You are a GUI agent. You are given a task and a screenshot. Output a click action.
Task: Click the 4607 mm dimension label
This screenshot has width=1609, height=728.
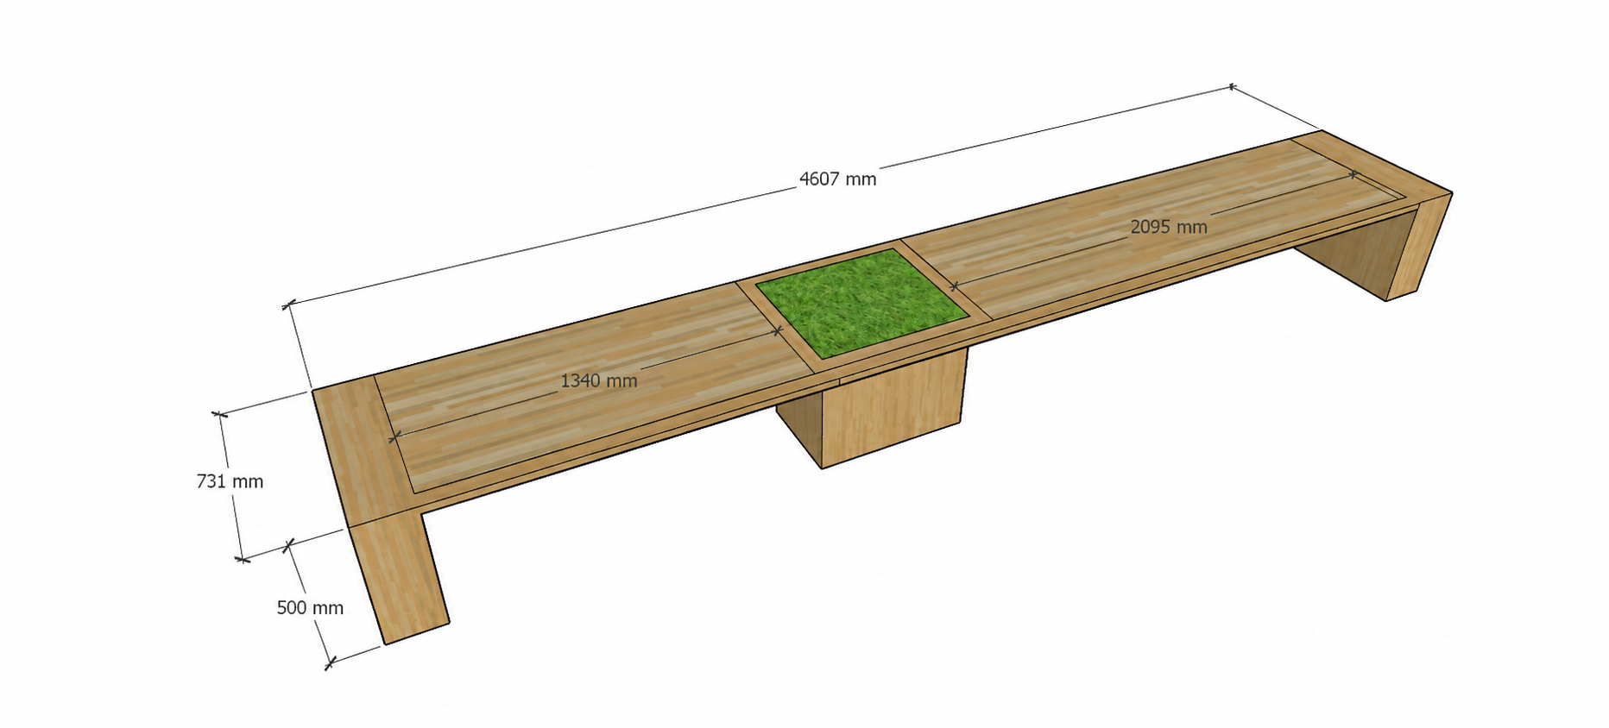point(837,179)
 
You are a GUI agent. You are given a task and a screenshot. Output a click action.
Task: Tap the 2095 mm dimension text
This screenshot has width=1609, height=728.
point(1169,227)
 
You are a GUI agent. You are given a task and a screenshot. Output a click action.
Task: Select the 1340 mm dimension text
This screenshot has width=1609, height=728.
point(599,380)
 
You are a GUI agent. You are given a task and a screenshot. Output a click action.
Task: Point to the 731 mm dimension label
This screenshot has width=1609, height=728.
point(230,481)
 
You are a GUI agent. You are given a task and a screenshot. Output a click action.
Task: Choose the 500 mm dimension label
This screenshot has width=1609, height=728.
point(310,607)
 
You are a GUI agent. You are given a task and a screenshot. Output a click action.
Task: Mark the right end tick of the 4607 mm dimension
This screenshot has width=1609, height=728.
point(1231,86)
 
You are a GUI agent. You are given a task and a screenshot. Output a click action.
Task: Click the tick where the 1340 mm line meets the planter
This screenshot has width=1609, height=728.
point(777,329)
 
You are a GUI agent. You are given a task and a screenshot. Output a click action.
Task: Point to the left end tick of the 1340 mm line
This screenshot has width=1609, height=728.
point(394,437)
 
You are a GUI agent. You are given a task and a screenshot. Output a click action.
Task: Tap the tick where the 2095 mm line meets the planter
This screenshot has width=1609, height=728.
point(954,286)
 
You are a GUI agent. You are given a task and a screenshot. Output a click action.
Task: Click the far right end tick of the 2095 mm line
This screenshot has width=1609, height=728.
point(1353,175)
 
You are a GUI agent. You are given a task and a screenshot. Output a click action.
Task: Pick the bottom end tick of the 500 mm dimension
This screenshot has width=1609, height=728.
point(329,664)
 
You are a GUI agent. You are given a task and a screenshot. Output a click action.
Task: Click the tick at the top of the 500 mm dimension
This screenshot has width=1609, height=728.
point(289,543)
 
